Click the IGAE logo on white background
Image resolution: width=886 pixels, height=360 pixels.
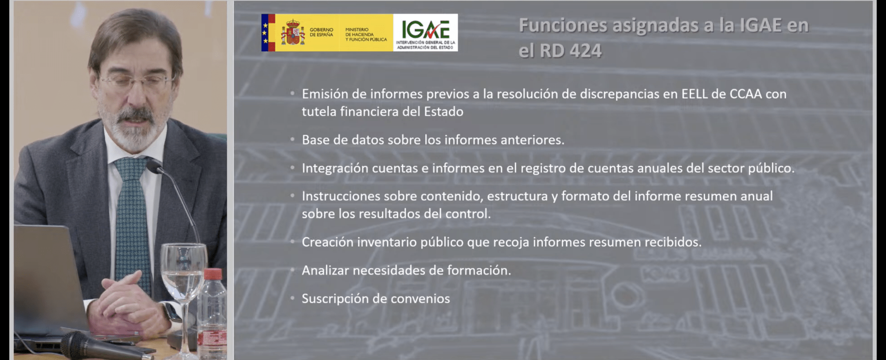(425, 32)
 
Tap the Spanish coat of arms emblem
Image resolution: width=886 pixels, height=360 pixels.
(293, 32)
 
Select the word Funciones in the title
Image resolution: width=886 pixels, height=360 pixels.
(563, 25)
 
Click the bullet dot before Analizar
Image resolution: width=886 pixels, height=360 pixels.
(293, 270)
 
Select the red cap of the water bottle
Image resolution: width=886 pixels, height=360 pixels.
(213, 274)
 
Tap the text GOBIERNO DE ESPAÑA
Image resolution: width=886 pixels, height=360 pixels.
(321, 32)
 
